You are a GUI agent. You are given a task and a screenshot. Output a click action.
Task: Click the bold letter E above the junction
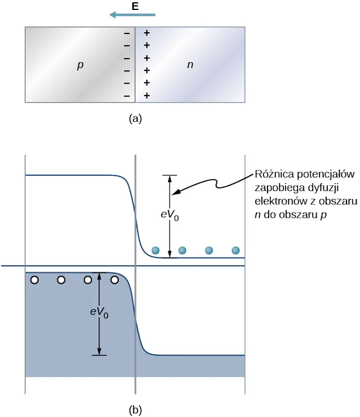135,8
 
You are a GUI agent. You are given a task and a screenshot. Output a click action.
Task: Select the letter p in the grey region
80,66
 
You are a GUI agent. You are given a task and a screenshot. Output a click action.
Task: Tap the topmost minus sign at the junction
126,33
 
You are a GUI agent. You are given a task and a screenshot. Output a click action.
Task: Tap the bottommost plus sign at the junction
146,95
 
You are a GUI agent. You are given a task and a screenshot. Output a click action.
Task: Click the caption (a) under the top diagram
135,119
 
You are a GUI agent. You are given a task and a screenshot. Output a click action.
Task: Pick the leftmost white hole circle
35,280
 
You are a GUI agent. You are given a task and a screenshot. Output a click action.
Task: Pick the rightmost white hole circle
115,280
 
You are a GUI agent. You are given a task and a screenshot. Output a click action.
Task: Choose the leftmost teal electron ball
156,251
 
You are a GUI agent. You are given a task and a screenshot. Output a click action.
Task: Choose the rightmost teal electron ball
235,251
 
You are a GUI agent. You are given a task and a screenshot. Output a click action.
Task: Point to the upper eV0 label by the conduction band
170,216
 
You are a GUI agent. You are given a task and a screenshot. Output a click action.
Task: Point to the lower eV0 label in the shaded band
99,313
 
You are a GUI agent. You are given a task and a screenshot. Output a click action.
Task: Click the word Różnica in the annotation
273,175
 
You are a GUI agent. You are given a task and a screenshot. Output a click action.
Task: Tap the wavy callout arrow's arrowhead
178,190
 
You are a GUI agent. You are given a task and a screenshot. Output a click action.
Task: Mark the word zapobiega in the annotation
276,187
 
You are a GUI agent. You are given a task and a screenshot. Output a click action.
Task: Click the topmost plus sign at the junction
146,33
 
